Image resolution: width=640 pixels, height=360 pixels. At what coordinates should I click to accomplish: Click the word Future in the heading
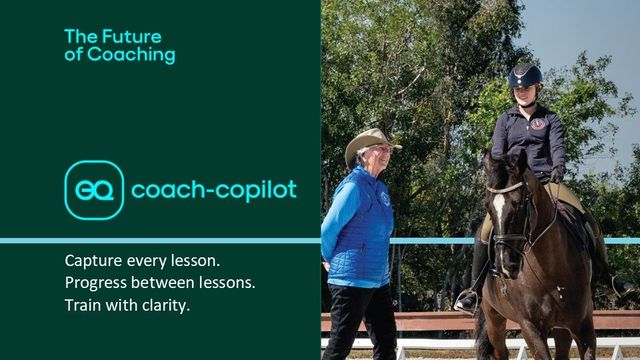[131, 37]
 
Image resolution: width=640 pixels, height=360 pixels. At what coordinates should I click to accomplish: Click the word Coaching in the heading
[131, 55]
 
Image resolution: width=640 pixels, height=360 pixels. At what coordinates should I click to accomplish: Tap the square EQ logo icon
[94, 190]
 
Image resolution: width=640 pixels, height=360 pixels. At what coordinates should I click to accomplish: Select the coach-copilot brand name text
[214, 190]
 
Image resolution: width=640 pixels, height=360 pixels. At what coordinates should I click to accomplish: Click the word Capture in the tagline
[93, 261]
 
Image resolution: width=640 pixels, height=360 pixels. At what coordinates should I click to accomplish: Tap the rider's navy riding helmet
[525, 76]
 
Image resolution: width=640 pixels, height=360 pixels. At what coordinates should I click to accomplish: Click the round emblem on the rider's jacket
[538, 124]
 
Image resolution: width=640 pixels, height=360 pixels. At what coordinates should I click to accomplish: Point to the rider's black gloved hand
[556, 174]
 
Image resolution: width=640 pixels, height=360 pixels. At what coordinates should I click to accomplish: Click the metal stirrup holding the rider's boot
[467, 301]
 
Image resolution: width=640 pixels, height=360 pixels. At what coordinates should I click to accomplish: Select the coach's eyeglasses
[382, 150]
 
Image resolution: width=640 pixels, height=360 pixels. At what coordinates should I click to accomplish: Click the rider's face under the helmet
[524, 96]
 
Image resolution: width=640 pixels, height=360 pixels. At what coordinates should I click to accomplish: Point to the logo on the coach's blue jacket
[385, 199]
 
